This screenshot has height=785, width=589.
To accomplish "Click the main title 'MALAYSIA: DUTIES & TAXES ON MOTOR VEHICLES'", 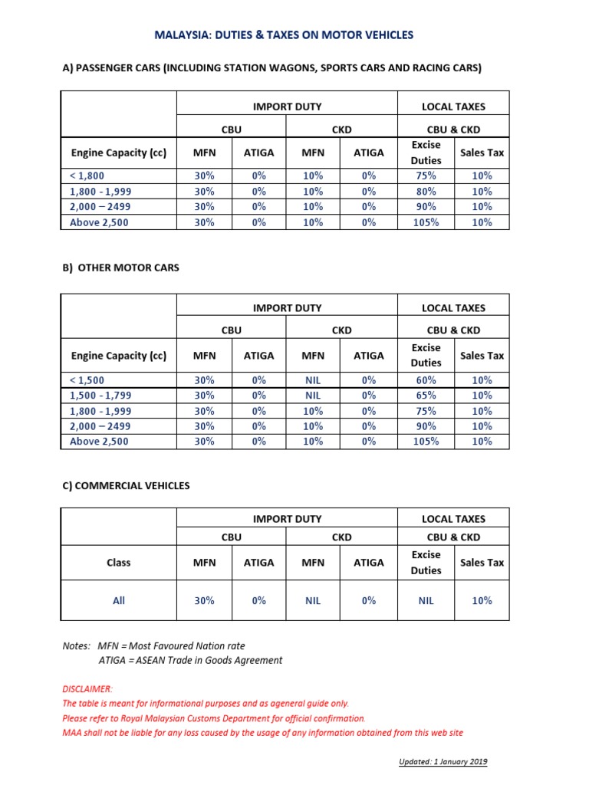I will pos(284,34).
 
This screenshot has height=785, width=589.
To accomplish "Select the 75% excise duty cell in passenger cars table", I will pos(426,176).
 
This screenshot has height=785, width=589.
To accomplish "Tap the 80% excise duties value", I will pos(426,191).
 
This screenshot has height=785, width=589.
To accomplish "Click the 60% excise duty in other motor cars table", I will pos(426,380).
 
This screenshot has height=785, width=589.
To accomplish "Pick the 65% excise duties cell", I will pos(426,396).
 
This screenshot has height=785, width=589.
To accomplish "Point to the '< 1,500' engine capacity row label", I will pos(87,380).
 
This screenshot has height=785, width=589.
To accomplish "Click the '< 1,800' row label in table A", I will pos(87,176).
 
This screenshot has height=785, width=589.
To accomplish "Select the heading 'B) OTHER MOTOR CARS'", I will pos(120,268).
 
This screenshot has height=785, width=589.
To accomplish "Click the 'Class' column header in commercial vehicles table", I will pos(119,563).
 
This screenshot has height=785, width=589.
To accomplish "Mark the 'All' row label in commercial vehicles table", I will pos(119,601).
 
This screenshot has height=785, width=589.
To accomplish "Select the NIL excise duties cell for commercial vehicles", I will pos(426,601).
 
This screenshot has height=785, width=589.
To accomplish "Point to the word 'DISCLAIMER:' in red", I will pos(87,688).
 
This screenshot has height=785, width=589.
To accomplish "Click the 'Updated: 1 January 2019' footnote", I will pos(443,762).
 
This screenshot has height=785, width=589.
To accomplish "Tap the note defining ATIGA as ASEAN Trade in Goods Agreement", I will pos(190,660).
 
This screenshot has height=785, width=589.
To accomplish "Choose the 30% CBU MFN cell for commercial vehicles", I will pos(204,601).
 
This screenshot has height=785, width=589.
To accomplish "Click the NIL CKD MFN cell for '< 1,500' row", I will pos(313,380).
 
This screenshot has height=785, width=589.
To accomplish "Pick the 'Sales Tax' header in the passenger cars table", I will pos(482,153).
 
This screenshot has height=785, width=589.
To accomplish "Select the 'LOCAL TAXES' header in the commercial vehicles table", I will pos(453,519).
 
